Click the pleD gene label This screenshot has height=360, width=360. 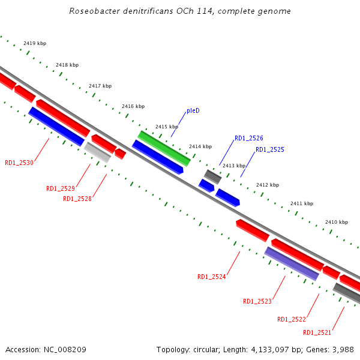pyautogui.click(x=193, y=111)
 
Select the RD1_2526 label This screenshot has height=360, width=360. pyautogui.click(x=248, y=138)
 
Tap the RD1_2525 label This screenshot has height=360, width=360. pyautogui.click(x=269, y=149)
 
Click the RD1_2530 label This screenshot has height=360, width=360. pyautogui.click(x=19, y=163)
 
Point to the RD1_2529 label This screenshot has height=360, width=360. pyautogui.click(x=61, y=188)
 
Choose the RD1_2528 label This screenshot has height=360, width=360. pyautogui.click(x=77, y=199)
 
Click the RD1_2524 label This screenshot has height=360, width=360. pyautogui.click(x=212, y=277)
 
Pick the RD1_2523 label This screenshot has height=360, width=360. pyautogui.click(x=257, y=301)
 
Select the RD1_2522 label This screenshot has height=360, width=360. pyautogui.click(x=292, y=319)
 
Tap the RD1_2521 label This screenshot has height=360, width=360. pyautogui.click(x=317, y=332)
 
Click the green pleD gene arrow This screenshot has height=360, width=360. pyautogui.click(x=164, y=148)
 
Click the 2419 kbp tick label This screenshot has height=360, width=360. pyautogui.click(x=35, y=43)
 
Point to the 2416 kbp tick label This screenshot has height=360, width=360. pyautogui.click(x=133, y=106)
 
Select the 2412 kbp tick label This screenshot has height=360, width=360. pyautogui.click(x=268, y=185)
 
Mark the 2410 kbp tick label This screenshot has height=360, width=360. pyautogui.click(x=337, y=222)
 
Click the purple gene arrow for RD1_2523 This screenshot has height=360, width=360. pyautogui.click(x=292, y=264)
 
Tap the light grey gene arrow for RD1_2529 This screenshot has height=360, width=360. pyautogui.click(x=97, y=152)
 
